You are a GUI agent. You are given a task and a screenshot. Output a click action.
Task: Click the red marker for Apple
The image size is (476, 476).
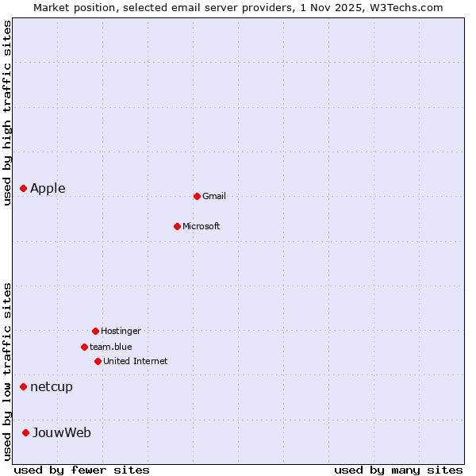(24, 189)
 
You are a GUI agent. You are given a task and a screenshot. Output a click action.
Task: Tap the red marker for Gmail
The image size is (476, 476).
(197, 196)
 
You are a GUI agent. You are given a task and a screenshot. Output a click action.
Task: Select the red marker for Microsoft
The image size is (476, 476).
(178, 226)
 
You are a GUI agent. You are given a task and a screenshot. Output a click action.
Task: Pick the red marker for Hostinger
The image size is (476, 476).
(95, 331)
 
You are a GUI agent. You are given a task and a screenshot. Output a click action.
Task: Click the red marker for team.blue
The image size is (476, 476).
(84, 347)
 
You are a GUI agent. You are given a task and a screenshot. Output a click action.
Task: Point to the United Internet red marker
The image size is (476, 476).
(98, 361)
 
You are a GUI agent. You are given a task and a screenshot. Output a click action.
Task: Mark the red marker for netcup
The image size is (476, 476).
(24, 387)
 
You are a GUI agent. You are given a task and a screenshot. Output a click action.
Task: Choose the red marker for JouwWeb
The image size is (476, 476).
(26, 432)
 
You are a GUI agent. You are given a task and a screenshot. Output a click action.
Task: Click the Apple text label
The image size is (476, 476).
(48, 189)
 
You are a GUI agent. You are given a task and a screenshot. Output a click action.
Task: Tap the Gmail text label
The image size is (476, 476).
(214, 196)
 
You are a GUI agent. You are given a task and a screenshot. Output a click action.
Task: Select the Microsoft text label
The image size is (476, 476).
(202, 226)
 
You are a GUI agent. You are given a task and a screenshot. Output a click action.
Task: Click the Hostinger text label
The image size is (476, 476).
(121, 331)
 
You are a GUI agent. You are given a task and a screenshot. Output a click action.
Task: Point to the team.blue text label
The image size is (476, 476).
(111, 347)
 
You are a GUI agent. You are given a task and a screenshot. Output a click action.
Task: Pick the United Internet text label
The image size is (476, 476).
(136, 361)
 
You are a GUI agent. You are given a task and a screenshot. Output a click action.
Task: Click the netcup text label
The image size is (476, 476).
(52, 387)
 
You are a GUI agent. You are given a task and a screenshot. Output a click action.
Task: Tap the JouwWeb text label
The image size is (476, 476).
(62, 432)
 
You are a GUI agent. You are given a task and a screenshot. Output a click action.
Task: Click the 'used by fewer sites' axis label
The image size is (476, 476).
(82, 470)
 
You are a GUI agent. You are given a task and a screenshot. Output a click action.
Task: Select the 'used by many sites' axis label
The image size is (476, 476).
(398, 470)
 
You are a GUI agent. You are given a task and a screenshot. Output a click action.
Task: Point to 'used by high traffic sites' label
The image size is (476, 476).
(8, 113)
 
